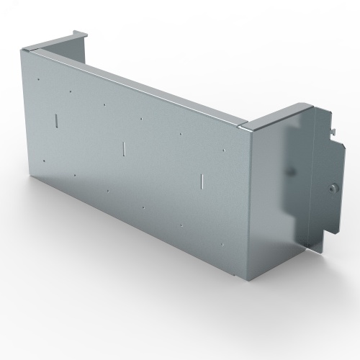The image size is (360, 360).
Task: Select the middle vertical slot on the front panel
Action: tap(124, 148)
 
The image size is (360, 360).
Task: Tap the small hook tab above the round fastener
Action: tap(335, 130)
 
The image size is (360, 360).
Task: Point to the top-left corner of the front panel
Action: tap(24, 50)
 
